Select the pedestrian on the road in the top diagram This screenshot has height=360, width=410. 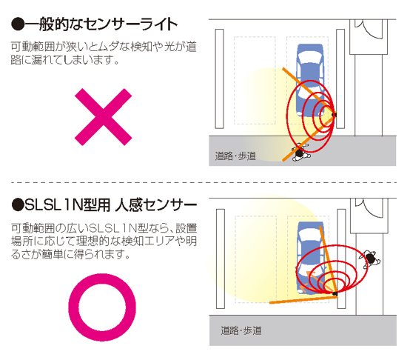300,153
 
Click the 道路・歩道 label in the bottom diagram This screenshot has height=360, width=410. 241,330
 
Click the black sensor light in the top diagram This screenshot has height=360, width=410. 335,115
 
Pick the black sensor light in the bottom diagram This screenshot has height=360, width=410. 335,294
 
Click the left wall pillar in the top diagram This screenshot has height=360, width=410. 219,81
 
